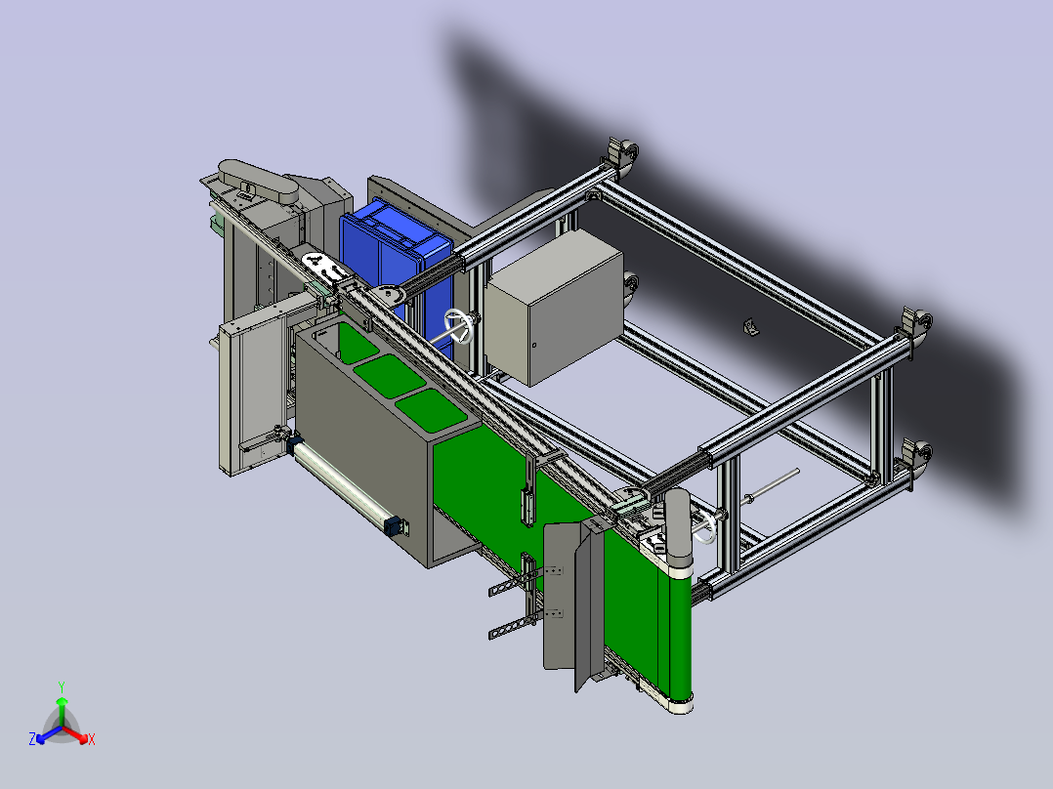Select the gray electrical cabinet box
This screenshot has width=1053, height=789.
pyautogui.click(x=555, y=308)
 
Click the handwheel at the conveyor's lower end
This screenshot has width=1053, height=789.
pyautogui.click(x=705, y=528)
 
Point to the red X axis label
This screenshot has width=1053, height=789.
pyautogui.click(x=92, y=739)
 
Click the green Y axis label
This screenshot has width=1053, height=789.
pyautogui.click(x=62, y=686)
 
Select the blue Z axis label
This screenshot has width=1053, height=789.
pyautogui.click(x=32, y=738)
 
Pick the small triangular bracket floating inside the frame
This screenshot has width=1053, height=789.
pyautogui.click(x=751, y=327)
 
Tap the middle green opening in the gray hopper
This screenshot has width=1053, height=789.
pyautogui.click(x=390, y=376)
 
